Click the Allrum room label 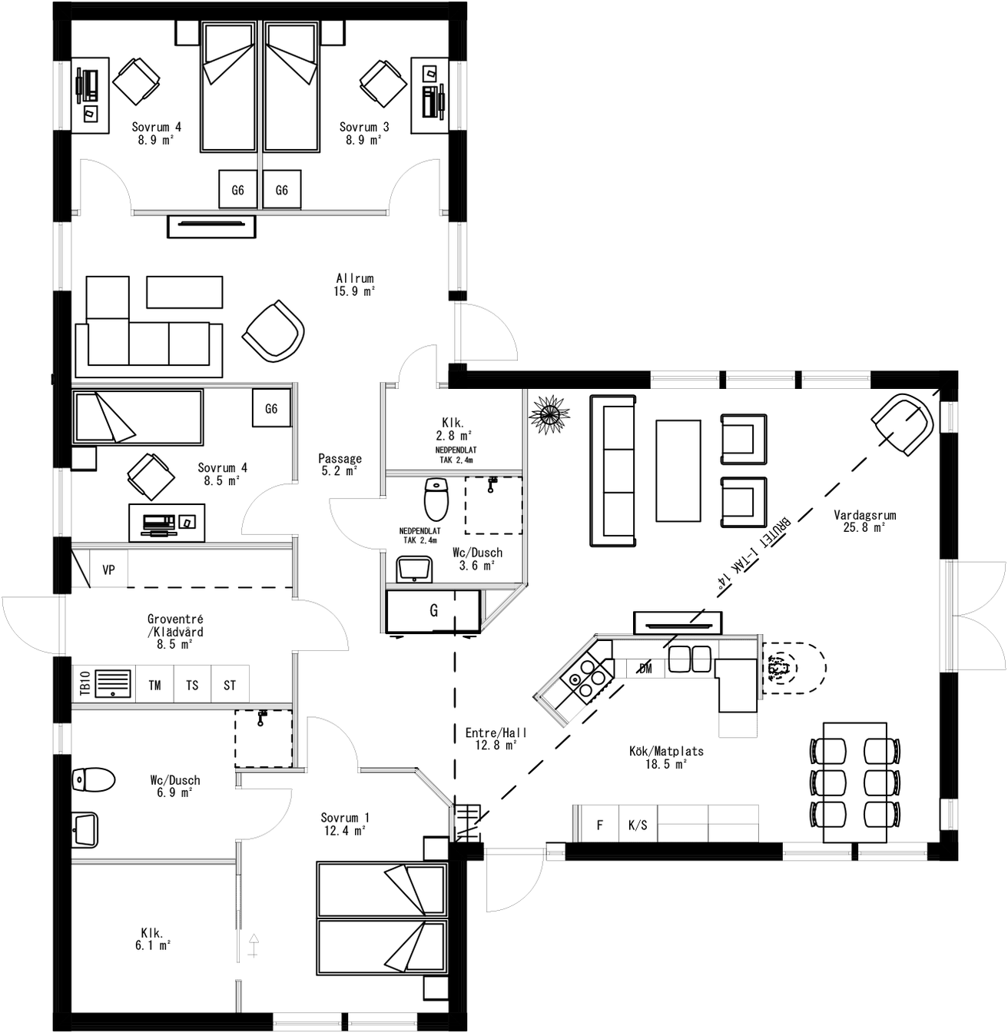(x=354, y=284)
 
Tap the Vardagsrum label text (x=864, y=521)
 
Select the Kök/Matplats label (x=666, y=757)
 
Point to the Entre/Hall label (x=496, y=739)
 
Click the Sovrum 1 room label (x=344, y=824)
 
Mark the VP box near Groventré (x=108, y=570)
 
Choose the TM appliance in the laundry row (x=155, y=685)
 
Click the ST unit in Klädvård (x=230, y=685)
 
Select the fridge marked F (x=600, y=825)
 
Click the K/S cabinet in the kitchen (x=638, y=825)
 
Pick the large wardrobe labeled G (x=433, y=611)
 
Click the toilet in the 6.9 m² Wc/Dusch (x=93, y=780)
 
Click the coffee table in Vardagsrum (x=678, y=470)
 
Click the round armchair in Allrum (x=274, y=331)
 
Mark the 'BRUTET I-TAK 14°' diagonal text (x=754, y=551)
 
